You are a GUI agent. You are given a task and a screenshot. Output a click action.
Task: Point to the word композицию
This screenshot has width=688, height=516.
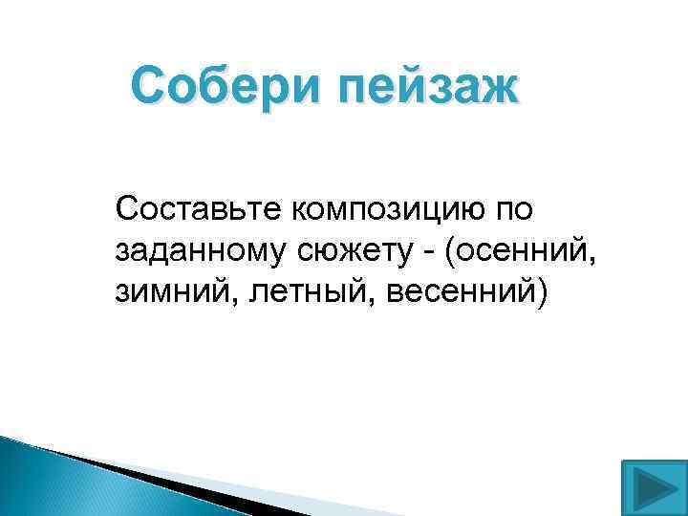tap(392, 207)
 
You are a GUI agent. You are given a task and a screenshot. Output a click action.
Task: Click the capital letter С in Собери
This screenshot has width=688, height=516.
tap(148, 89)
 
